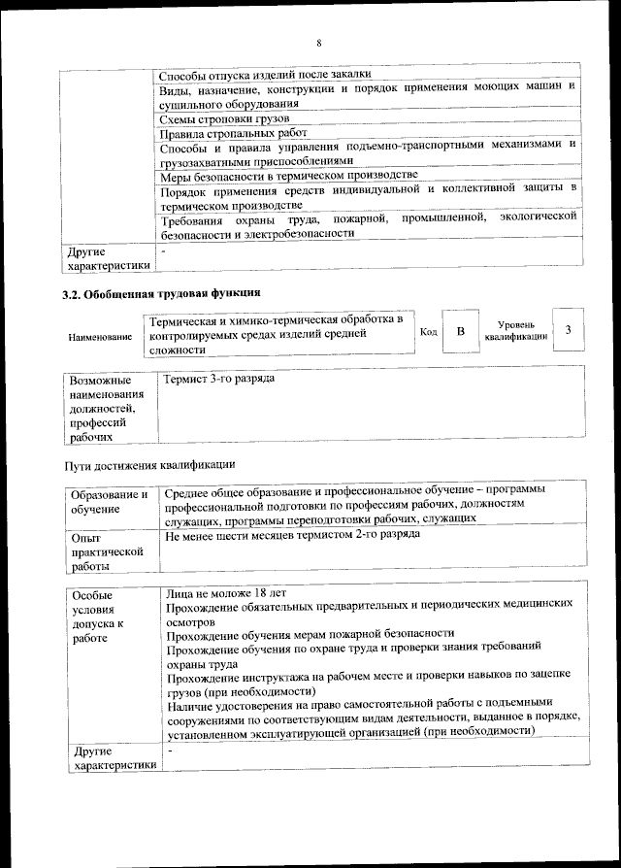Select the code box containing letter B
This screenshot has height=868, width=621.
click(x=462, y=331)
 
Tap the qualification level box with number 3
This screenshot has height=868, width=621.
click(x=568, y=331)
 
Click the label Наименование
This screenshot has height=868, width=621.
click(x=100, y=336)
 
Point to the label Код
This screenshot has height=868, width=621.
click(x=428, y=332)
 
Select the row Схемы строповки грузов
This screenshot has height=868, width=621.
click(x=215, y=118)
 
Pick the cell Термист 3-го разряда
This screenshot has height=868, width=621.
click(x=220, y=378)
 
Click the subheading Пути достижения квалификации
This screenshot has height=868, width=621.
click(x=149, y=464)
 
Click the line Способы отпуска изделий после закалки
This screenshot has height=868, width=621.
click(x=264, y=75)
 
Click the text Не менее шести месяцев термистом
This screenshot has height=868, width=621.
click(x=292, y=535)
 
